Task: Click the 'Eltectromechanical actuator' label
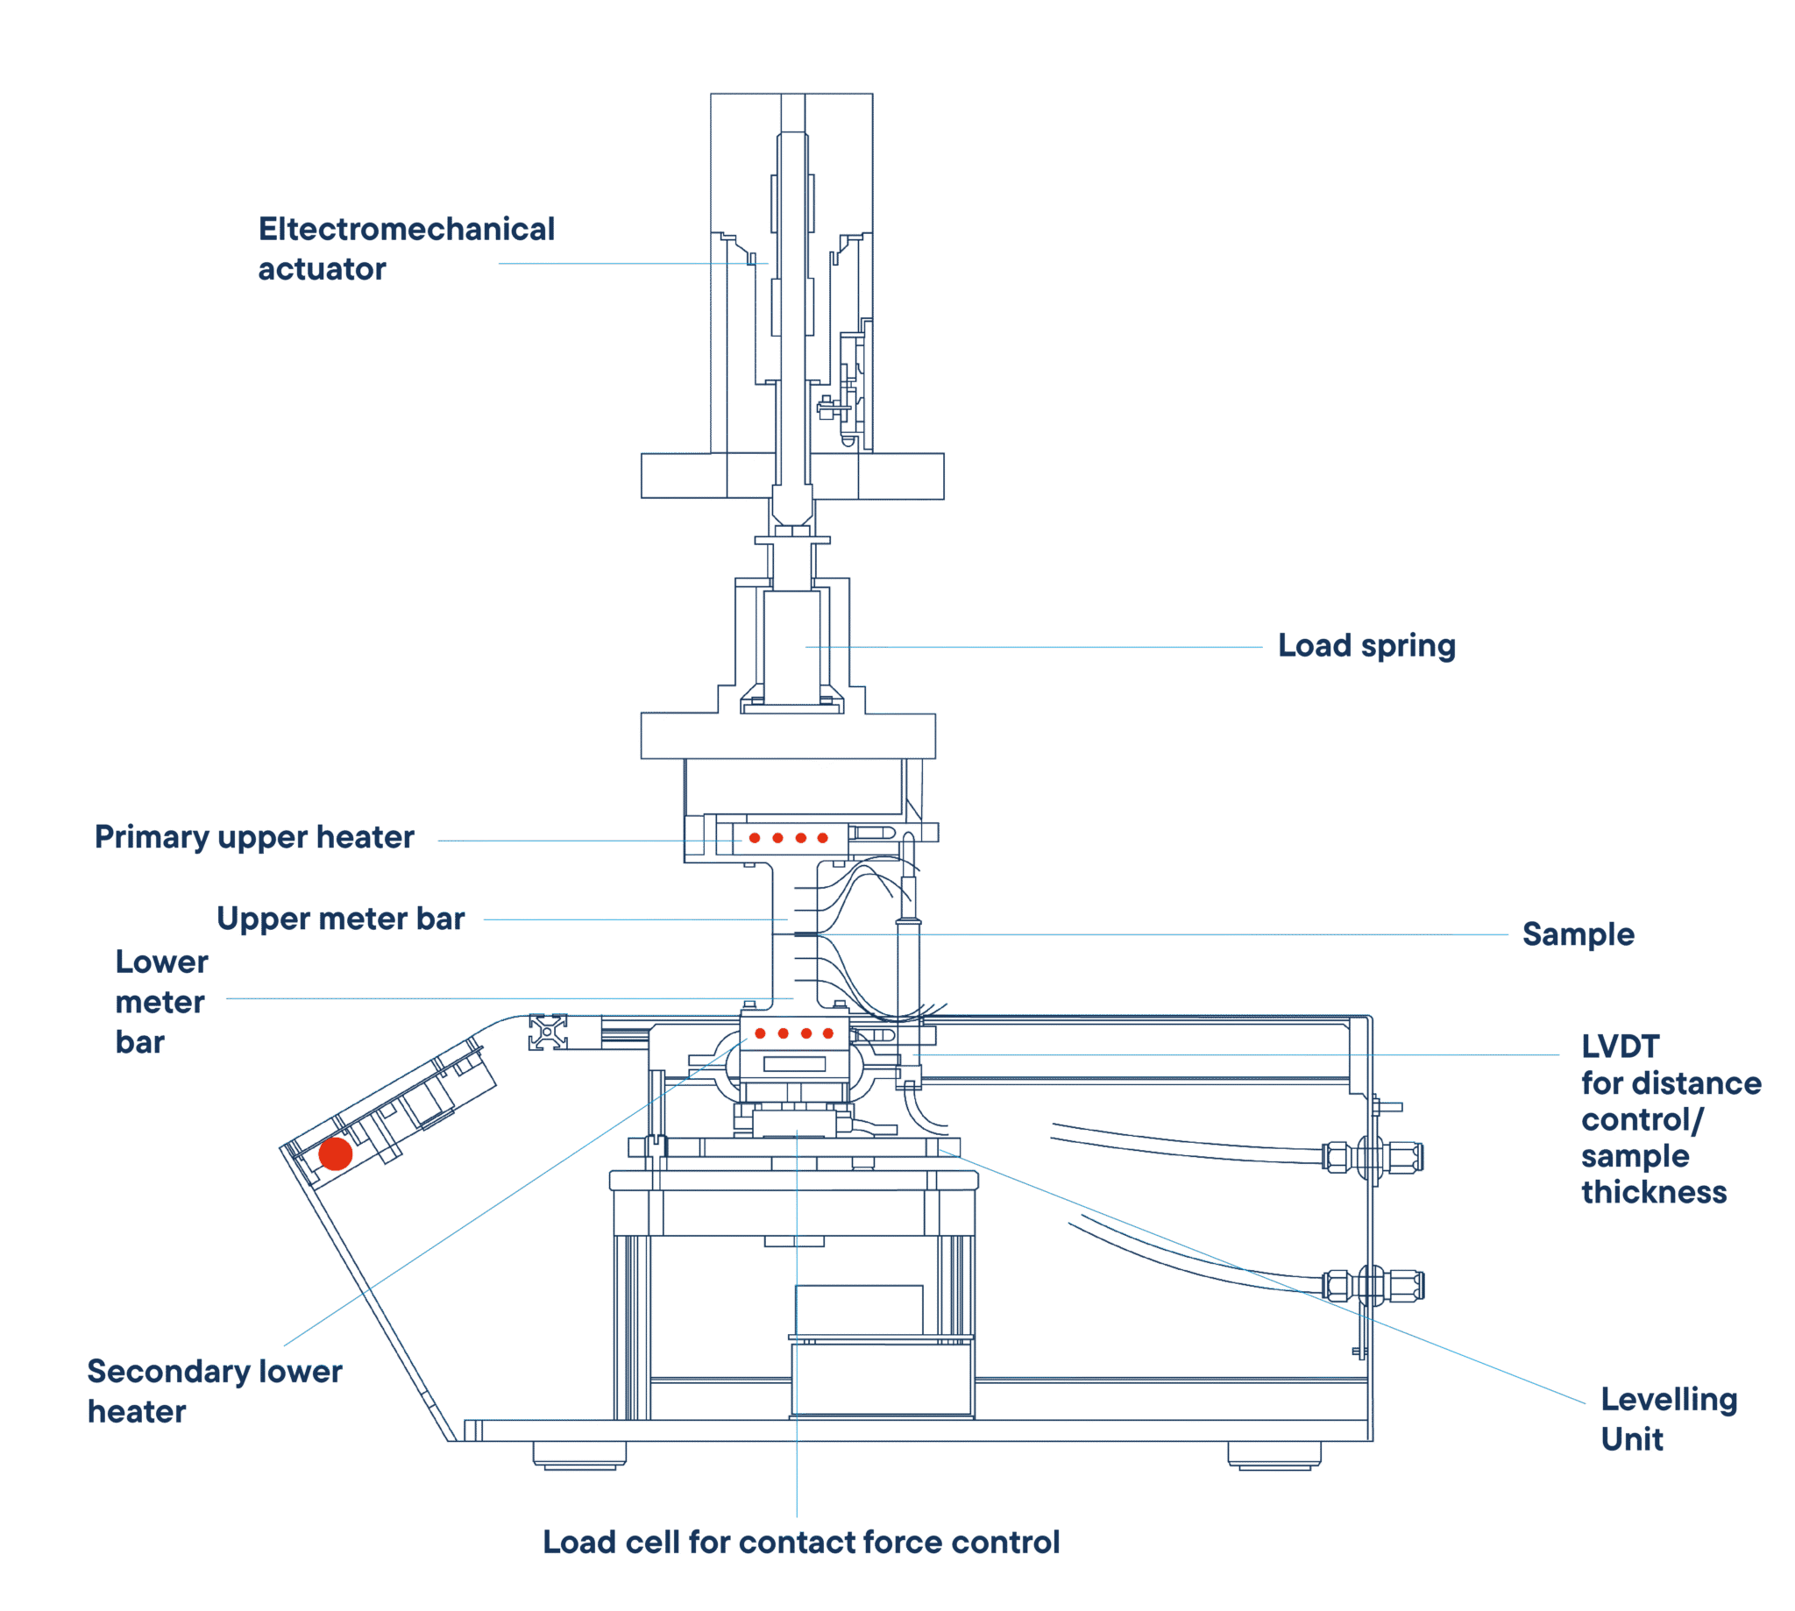tap(406, 249)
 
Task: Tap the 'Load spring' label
tap(1366, 646)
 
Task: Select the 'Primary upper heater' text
tap(254, 837)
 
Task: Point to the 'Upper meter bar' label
tap(341, 919)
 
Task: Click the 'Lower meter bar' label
tap(162, 1002)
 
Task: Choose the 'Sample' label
tap(1578, 933)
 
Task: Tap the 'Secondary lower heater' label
tap(214, 1391)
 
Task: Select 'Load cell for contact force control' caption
tap(800, 1542)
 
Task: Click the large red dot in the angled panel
tap(336, 1153)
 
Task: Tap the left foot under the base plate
tap(578, 1455)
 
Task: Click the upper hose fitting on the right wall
tap(1372, 1157)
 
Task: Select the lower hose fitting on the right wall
tap(1372, 1285)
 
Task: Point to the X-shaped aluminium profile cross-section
tap(548, 1033)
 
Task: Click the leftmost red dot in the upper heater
tap(754, 837)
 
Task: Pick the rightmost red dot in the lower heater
tap(827, 1033)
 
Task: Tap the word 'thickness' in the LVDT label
tap(1653, 1192)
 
